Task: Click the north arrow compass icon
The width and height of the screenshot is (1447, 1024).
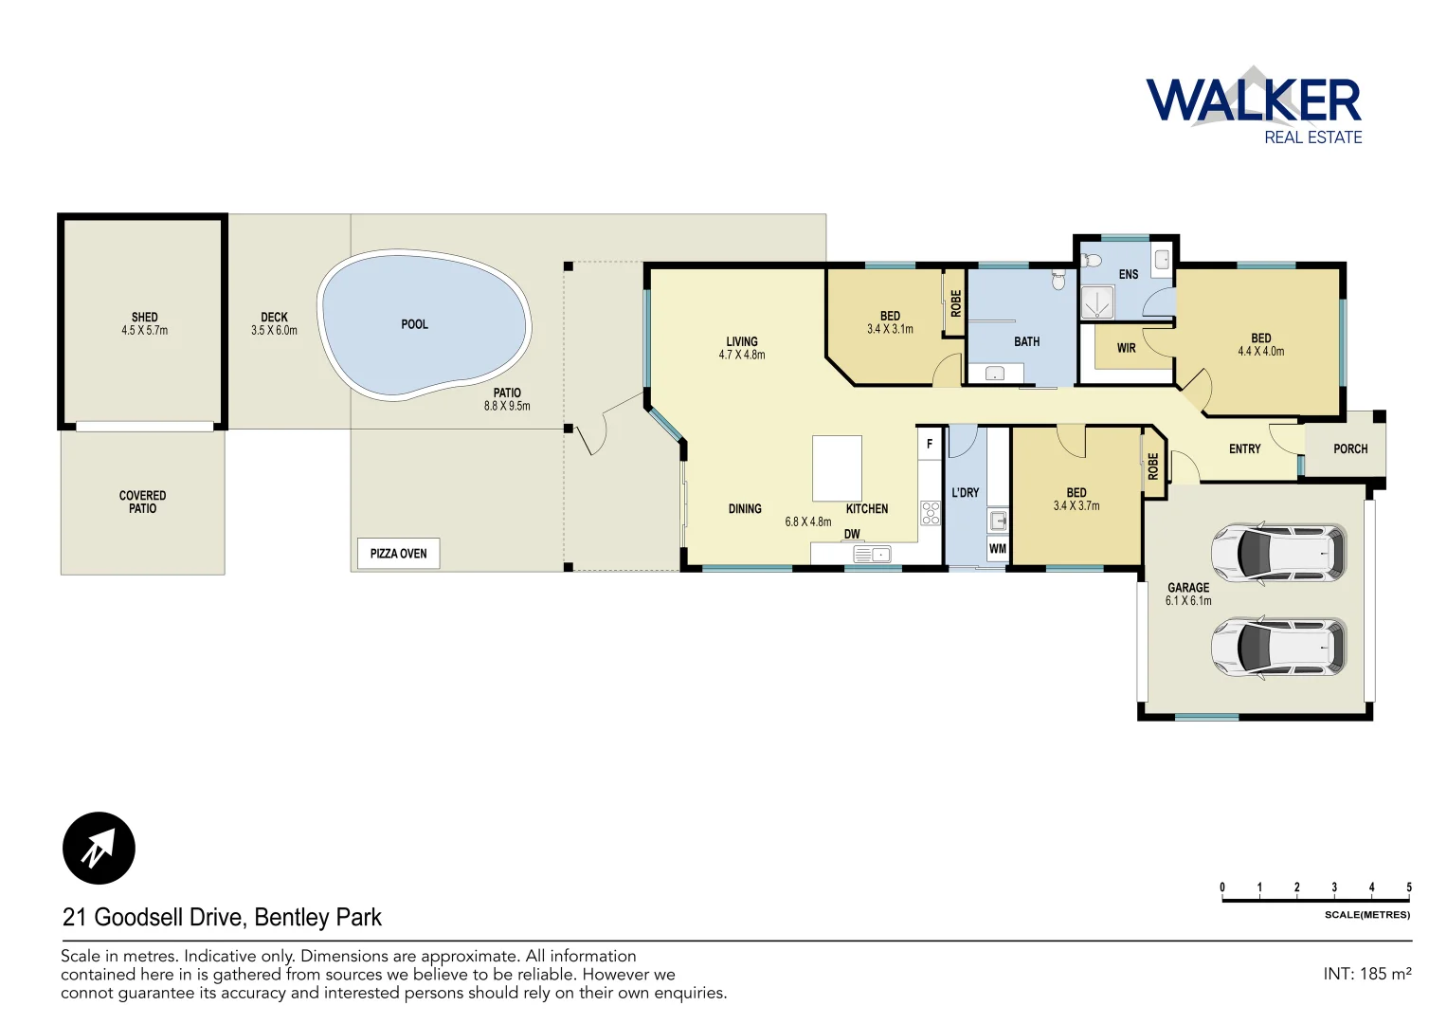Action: coord(99,848)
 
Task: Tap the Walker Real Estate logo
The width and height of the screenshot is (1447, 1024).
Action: coord(1254,105)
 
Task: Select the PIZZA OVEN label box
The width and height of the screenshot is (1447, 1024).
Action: coord(398,554)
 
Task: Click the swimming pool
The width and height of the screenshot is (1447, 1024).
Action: coord(423,324)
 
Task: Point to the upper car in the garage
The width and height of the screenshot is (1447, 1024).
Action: coord(1278,552)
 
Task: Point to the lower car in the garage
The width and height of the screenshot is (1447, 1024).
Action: coord(1278,647)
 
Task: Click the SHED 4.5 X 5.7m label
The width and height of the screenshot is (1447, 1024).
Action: coord(144,324)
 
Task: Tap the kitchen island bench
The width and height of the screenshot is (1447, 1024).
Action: coord(837,468)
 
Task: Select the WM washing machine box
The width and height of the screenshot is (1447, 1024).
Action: coord(997,549)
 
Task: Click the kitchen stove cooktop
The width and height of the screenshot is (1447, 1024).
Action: coord(931,513)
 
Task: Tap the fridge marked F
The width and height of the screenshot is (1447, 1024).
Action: coord(930,444)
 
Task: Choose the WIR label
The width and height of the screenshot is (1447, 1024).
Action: coord(1126,348)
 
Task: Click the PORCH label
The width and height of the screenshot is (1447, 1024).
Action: coord(1350,449)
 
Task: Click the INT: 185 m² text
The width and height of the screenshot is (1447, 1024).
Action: coord(1366,974)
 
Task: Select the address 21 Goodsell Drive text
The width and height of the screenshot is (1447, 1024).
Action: coord(222,917)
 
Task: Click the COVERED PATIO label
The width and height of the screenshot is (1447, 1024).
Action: coord(142,502)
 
